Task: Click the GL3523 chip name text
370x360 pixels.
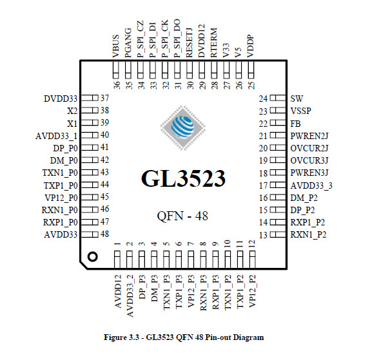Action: coord(183,178)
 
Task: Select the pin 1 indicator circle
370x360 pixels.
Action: coord(92,256)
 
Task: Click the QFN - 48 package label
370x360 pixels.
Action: coord(182,216)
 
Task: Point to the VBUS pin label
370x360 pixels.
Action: coord(116,46)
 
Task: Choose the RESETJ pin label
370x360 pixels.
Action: coord(190,43)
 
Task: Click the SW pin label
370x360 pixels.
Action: coord(297,99)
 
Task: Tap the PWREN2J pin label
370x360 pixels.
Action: coord(309,136)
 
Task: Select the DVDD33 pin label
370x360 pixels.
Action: coord(61,99)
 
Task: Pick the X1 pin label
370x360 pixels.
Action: coord(72,123)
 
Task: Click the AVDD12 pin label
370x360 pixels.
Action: coord(118,291)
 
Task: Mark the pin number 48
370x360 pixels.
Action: coord(105,234)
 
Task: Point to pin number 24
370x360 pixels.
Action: coord(264,99)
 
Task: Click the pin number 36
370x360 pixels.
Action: coord(117,85)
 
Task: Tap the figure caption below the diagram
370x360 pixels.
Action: coord(184,337)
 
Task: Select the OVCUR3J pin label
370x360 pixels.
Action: coord(309,160)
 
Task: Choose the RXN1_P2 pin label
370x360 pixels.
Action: coord(308,234)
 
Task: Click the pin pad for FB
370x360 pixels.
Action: coord(278,123)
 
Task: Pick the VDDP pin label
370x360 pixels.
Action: coord(250,46)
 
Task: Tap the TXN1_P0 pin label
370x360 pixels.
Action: coord(60,173)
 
